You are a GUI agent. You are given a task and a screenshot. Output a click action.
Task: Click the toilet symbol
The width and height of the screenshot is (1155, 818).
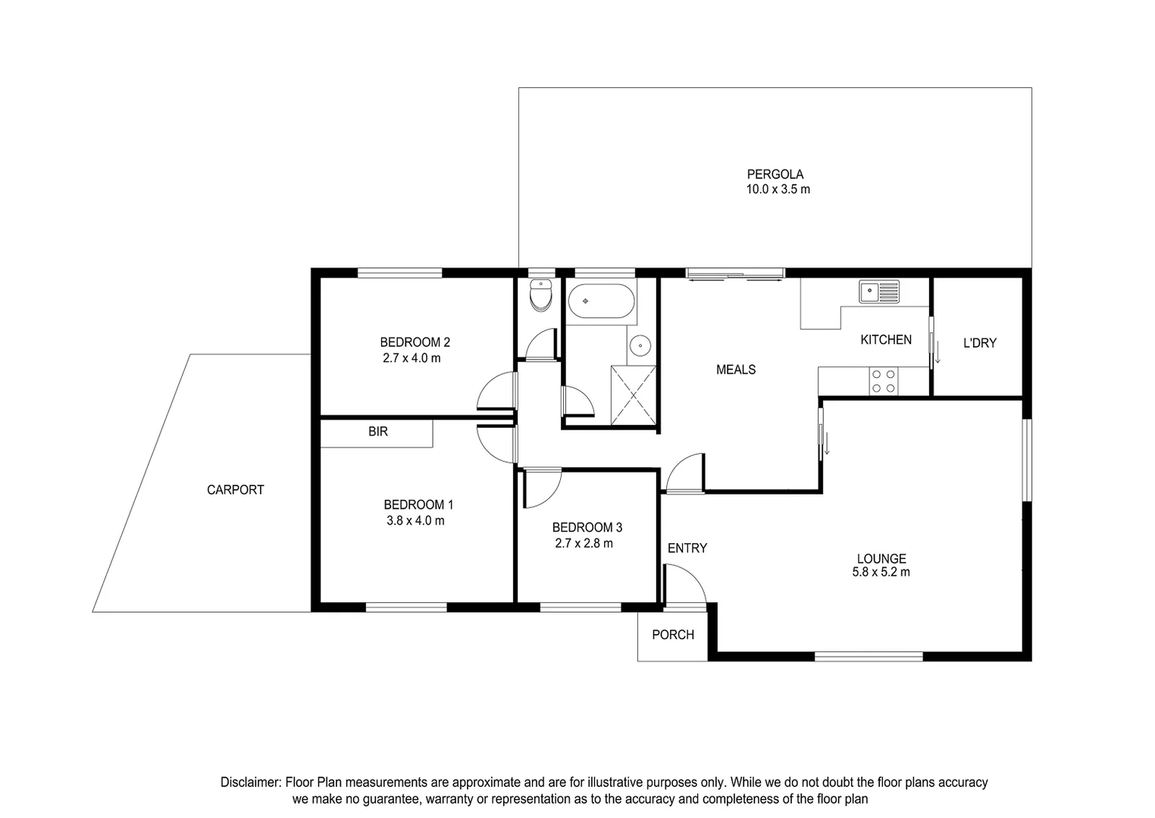tap(540, 296)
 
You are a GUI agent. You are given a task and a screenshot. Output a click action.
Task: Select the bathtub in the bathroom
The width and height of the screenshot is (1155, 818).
tap(601, 301)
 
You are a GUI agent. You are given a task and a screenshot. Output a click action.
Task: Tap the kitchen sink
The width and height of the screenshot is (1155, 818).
tap(878, 291)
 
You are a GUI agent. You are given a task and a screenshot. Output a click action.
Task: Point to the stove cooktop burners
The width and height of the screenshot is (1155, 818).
tap(883, 380)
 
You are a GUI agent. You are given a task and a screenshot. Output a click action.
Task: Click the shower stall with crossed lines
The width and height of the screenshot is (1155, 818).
tap(634, 395)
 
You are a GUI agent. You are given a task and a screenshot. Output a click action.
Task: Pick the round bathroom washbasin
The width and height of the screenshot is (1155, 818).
tap(641, 347)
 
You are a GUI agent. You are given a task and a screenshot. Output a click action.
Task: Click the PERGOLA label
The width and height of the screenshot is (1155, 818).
tap(775, 174)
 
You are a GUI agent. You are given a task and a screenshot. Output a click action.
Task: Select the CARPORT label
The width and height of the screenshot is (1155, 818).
tap(236, 490)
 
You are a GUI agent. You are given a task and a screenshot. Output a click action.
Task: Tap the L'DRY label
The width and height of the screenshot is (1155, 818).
tap(979, 343)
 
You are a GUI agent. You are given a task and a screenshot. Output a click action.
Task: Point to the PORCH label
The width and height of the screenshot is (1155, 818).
tap(673, 635)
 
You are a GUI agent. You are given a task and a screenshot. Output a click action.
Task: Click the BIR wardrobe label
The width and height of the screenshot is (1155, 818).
tap(378, 432)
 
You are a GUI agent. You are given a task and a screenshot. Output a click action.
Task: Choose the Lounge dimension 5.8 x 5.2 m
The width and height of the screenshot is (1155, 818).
tap(881, 573)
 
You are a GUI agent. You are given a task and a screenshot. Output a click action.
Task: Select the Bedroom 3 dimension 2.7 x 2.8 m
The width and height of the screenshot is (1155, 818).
tap(584, 544)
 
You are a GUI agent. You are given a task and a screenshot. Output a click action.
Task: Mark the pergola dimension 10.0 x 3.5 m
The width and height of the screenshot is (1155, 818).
tap(778, 189)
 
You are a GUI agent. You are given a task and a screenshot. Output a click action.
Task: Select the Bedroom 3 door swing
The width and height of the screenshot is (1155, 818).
tap(540, 488)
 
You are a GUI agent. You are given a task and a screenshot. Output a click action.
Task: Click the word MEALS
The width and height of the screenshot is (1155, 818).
tap(736, 370)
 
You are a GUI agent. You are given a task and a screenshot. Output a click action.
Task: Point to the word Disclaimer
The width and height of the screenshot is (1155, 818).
tap(250, 782)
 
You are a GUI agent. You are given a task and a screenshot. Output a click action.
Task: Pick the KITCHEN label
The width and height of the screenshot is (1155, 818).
tap(886, 340)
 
